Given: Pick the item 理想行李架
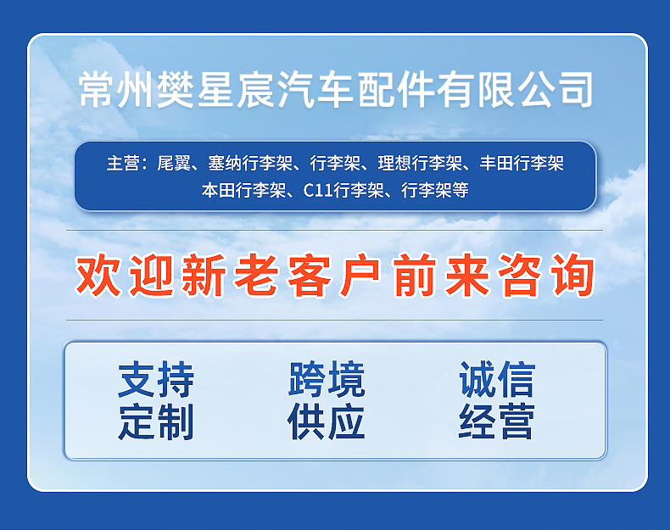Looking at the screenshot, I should point(420,164).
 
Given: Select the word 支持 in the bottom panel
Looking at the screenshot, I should point(156,380).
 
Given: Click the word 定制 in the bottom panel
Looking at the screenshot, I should point(156,421).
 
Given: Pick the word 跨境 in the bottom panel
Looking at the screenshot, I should point(327,380).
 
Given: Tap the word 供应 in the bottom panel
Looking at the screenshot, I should point(327,421).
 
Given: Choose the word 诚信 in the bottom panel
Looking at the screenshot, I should point(497,380).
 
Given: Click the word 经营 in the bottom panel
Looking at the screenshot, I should point(497,421).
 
